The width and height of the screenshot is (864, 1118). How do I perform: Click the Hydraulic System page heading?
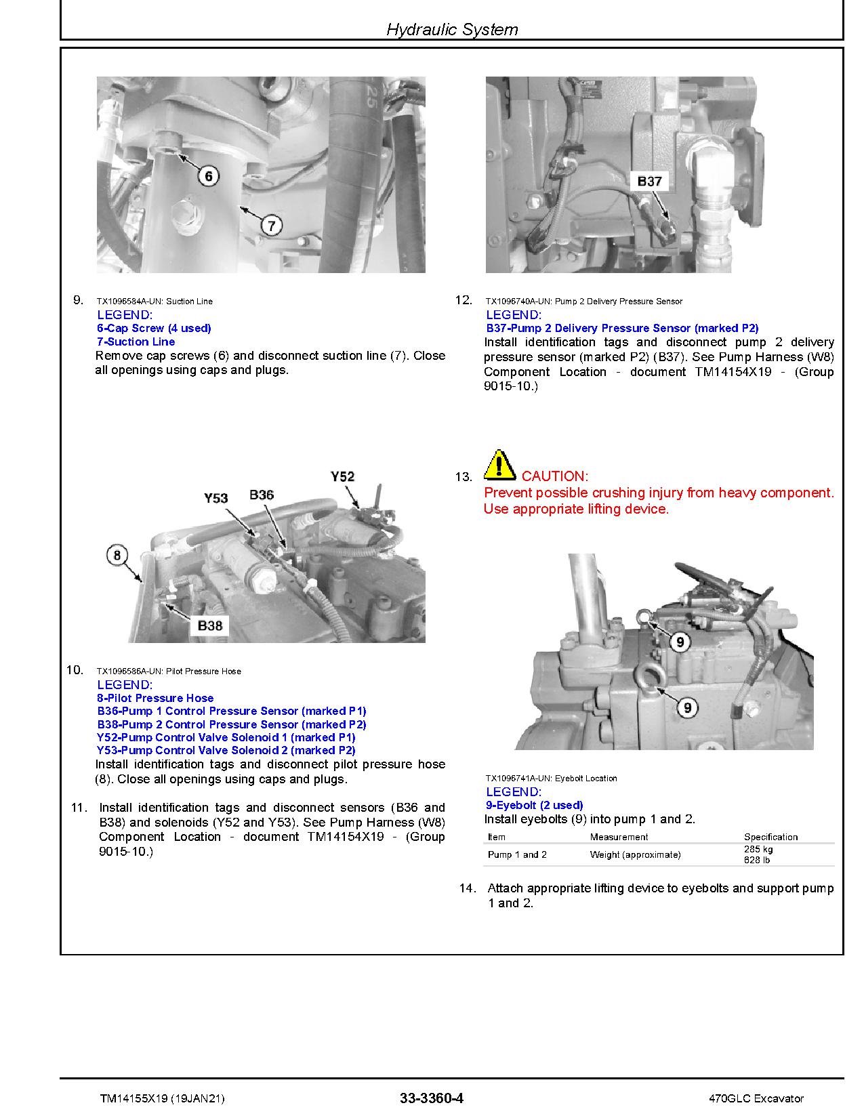coord(451,29)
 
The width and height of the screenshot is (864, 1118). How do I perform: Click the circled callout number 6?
coord(208,177)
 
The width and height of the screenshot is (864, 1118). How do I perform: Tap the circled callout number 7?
coord(271,225)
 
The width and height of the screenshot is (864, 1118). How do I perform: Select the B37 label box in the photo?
coord(649,182)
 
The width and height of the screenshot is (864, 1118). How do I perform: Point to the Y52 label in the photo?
coord(342,477)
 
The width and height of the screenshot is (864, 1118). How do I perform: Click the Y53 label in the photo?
coord(215,498)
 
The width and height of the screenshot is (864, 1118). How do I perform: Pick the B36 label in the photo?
coord(261,495)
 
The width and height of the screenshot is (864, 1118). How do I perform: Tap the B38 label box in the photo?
coord(209,625)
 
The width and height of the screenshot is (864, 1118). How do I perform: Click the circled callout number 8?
coord(117,556)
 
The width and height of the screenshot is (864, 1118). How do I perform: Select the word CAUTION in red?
coord(554,476)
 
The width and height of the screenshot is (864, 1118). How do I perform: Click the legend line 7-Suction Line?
coord(136,341)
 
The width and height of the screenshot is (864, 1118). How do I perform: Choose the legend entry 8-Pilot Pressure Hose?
coord(155,698)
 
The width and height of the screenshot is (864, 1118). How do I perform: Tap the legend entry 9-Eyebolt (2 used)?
coord(535,805)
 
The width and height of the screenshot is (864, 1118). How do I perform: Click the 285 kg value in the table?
coord(758,849)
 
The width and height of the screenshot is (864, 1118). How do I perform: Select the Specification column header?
coord(770,837)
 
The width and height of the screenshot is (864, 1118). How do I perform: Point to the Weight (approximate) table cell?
coord(635,854)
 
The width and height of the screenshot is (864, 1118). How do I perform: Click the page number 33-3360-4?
coord(432,1098)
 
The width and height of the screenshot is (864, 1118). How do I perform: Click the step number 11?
coord(79,808)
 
